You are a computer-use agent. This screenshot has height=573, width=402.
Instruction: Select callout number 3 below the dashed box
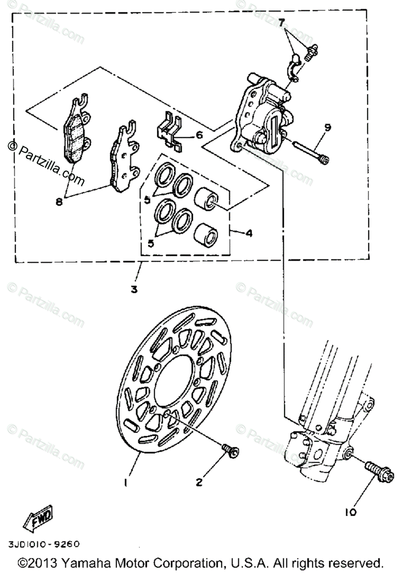134,289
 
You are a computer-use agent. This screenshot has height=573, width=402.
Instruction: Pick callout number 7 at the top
282,22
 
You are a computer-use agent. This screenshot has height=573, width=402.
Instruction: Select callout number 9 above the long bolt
327,127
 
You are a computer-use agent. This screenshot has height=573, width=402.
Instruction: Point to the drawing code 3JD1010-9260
43,544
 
